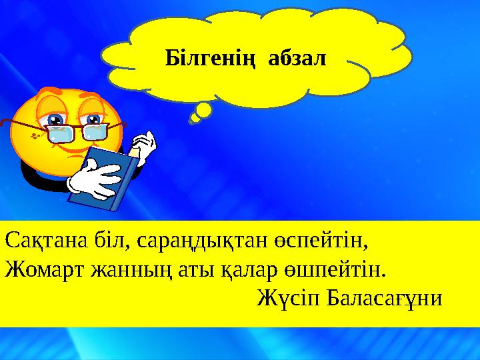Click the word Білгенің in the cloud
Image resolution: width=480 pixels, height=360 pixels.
pyautogui.click(x=212, y=59)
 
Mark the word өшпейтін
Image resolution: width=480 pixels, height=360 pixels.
pyautogui.click(x=327, y=270)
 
